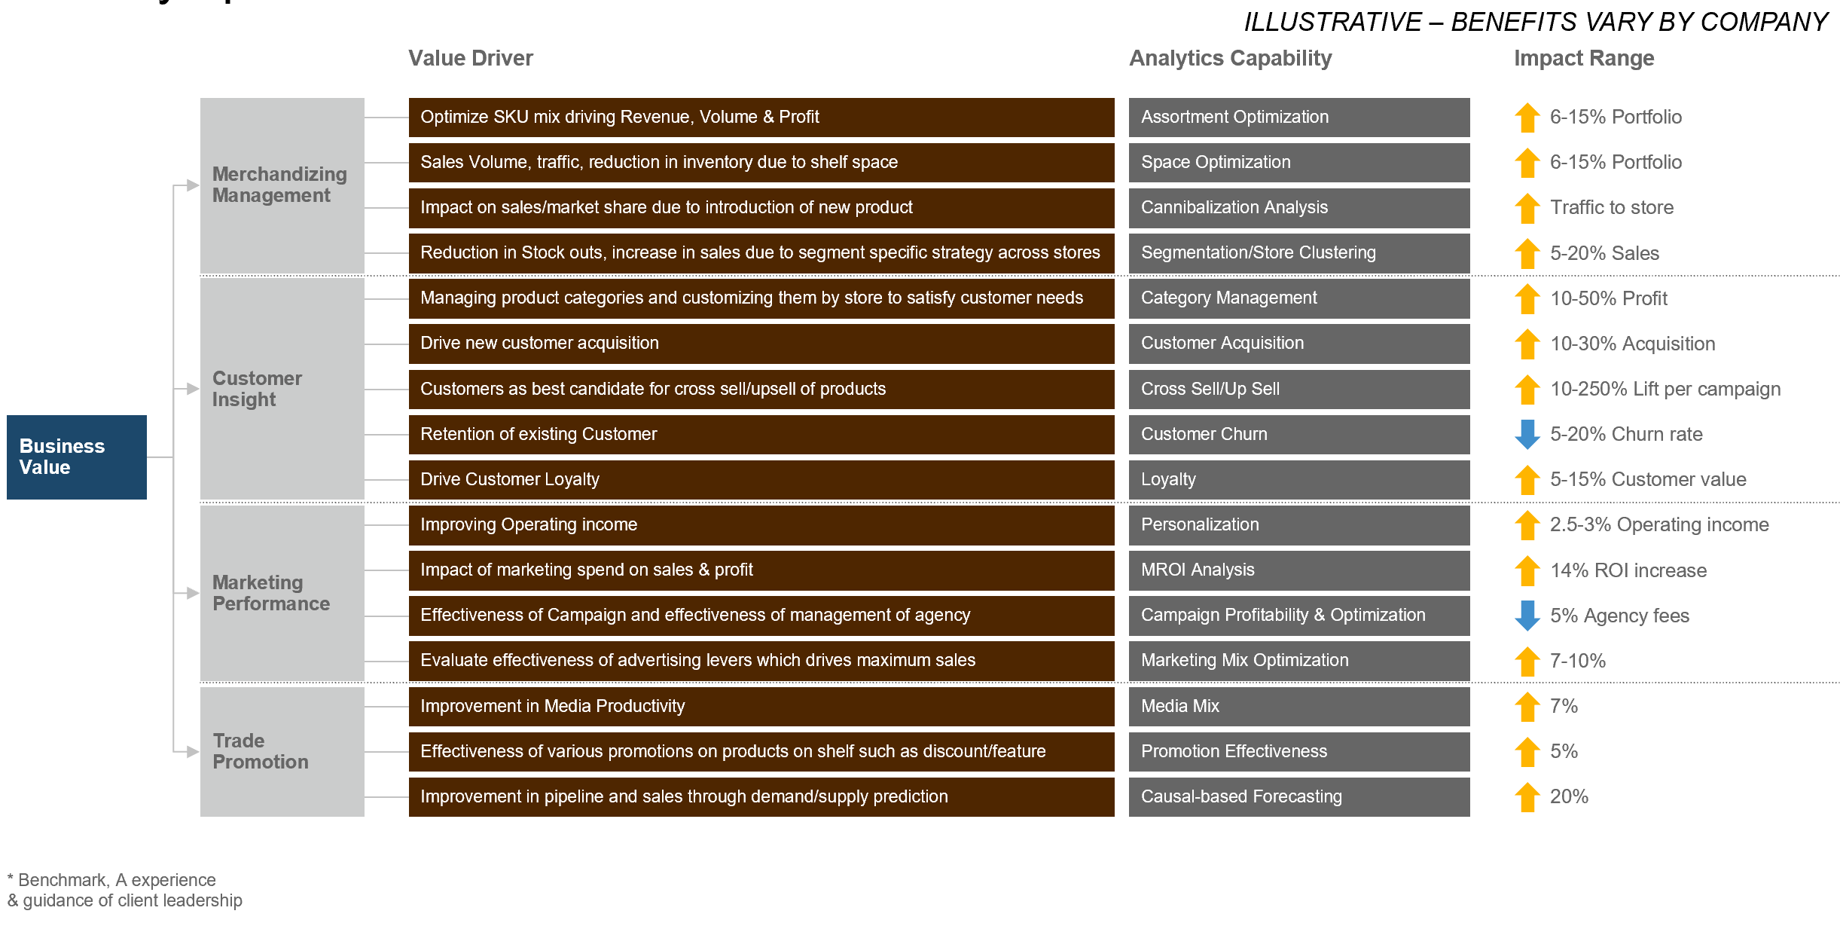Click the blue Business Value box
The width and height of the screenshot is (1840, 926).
click(76, 457)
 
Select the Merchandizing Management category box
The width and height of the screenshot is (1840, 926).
click(282, 185)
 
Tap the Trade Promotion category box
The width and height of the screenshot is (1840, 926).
click(282, 751)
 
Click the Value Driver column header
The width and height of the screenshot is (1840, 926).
click(470, 58)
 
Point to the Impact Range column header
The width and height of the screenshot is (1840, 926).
click(1583, 58)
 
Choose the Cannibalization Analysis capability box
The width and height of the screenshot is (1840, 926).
click(1298, 207)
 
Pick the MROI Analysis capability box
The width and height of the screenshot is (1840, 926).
click(1298, 570)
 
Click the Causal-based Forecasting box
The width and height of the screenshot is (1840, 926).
click(1298, 796)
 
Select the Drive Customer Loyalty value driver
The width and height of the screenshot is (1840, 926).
click(761, 479)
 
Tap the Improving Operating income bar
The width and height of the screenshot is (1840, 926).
click(761, 524)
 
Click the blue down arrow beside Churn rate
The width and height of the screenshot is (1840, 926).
click(1527, 434)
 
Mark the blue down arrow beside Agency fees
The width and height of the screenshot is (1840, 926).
click(1527, 615)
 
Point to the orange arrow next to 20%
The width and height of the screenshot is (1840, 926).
click(1527, 796)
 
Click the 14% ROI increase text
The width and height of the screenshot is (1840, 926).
click(1628, 570)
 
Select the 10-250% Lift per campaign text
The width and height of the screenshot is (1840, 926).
click(1665, 389)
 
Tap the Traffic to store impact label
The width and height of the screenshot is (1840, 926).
click(1611, 207)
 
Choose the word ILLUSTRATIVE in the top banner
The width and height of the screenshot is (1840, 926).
click(1332, 22)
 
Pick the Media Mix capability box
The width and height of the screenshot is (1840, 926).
click(1298, 706)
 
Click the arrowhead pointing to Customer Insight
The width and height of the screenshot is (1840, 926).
click(192, 389)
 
